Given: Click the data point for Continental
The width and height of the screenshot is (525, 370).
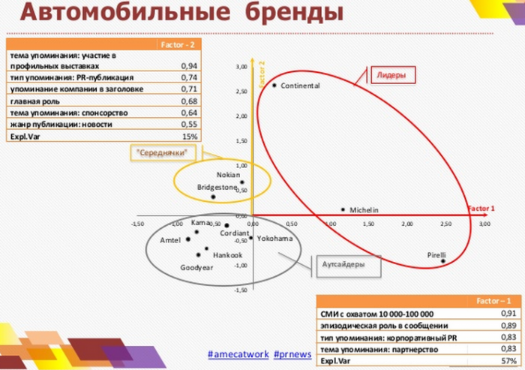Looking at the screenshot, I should [274, 86].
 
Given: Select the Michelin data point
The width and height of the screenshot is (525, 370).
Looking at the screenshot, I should [343, 210].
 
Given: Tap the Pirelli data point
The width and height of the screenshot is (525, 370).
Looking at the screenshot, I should [443, 261].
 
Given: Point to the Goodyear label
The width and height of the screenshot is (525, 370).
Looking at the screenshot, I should [197, 268].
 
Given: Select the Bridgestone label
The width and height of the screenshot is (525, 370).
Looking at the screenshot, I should [217, 187].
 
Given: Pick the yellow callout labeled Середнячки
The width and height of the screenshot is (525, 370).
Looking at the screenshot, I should [160, 153].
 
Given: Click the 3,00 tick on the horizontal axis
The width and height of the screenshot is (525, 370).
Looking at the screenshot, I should [484, 224].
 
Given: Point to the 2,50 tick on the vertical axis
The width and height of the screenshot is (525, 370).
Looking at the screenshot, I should [241, 92].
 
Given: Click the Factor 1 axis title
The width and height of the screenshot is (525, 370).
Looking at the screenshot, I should [481, 207].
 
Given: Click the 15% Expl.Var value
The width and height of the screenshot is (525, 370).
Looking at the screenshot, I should [190, 137].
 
